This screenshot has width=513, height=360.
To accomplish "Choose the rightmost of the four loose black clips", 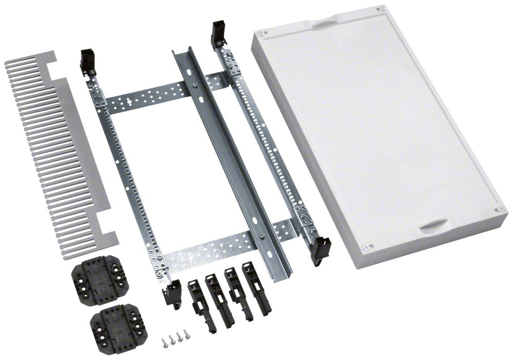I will (x=255, y=287).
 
